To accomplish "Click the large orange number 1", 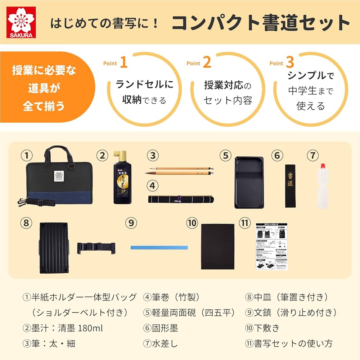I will (x=123, y=62).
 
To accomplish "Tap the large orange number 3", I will (x=290, y=62).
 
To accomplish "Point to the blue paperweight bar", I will (x=159, y=248).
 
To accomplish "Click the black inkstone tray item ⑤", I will (x=249, y=182).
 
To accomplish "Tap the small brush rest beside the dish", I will (x=96, y=248).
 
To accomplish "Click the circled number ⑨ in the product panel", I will (x=131, y=223).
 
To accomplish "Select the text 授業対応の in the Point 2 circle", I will (x=227, y=86).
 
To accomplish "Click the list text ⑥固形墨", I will (x=161, y=328).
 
